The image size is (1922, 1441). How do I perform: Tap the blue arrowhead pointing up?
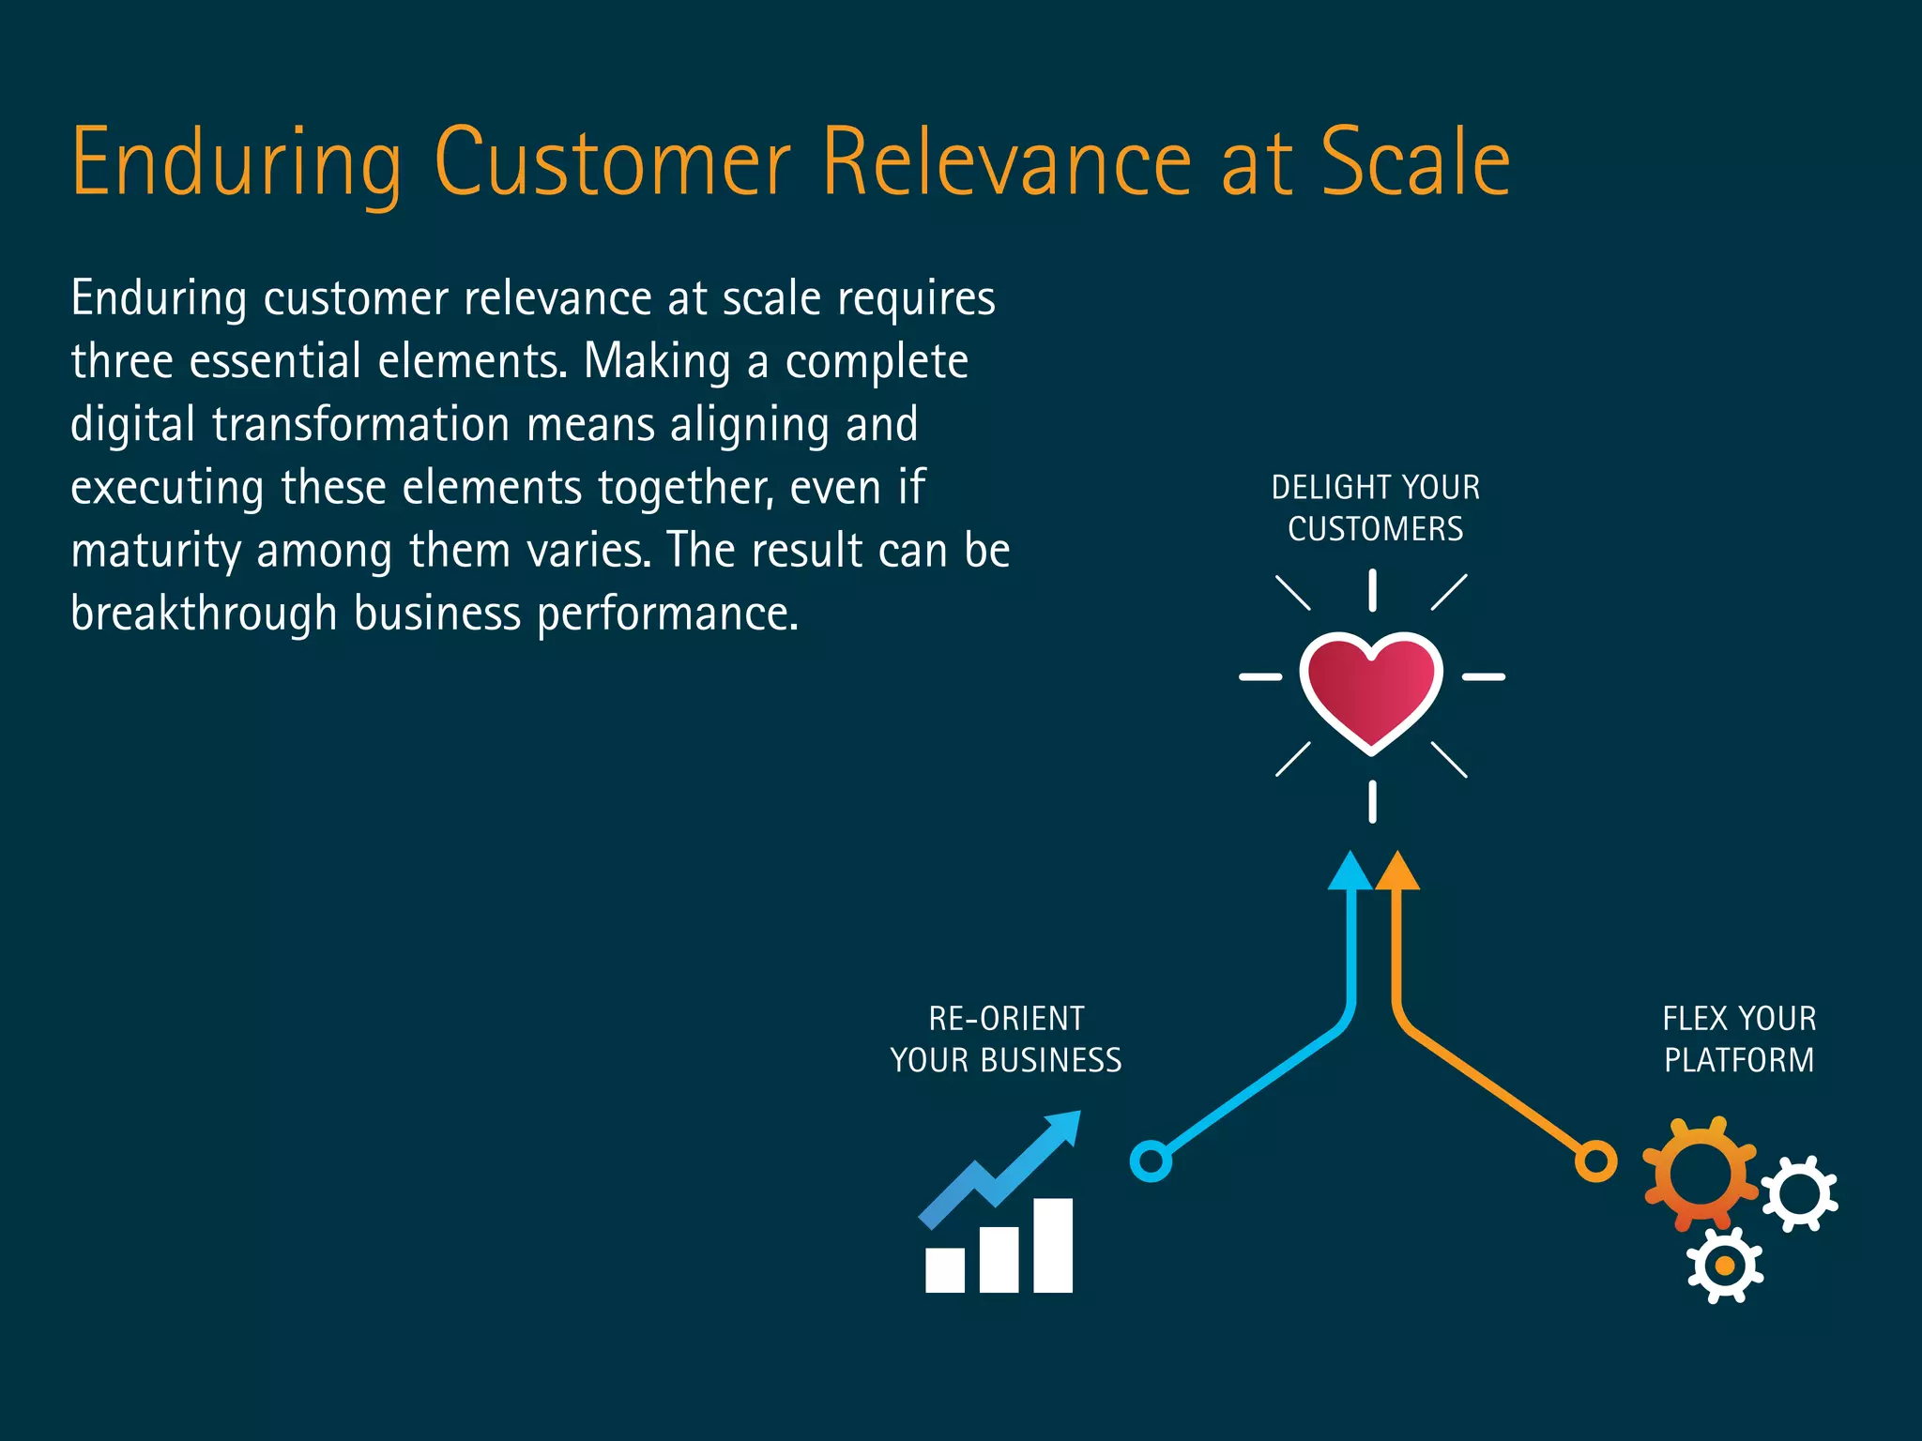1350,873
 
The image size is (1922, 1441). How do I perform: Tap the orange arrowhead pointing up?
1397,873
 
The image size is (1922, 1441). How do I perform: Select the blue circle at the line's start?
1151,1161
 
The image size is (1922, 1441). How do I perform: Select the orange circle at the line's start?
1595,1161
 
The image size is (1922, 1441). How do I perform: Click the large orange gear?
1700,1173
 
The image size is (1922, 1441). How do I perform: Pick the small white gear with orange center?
1724,1266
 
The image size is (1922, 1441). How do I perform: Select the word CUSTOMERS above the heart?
1375,529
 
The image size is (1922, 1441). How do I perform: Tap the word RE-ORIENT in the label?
1006,1019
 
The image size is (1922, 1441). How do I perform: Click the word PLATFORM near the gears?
1739,1060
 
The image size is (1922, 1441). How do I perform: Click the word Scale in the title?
1415,163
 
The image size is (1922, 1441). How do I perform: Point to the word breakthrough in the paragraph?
204,614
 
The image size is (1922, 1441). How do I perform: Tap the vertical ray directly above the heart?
1372,590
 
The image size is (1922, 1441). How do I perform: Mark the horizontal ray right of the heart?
1484,676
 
